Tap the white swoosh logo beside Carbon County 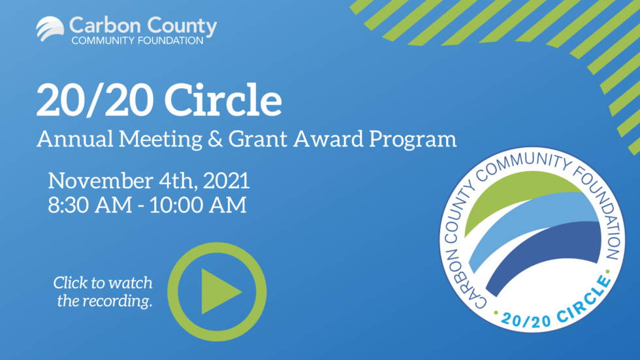(x=50, y=29)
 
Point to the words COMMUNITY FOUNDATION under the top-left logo (x=137, y=41)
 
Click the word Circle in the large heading (x=223, y=99)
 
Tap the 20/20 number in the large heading (x=95, y=99)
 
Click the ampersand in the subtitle (x=216, y=139)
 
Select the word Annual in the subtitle (x=75, y=139)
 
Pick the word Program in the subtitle (x=413, y=140)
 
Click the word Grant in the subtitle (x=258, y=139)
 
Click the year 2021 (x=227, y=181)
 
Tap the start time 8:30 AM (x=90, y=205)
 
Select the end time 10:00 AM (x=198, y=205)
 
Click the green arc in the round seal (x=519, y=196)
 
